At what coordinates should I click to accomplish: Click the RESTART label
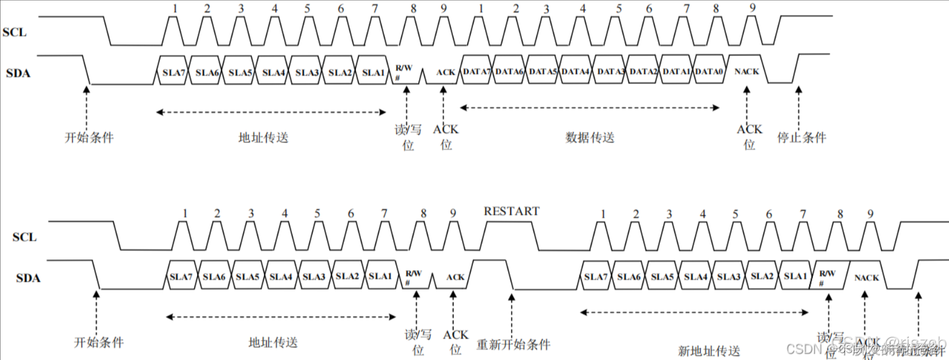[512, 212]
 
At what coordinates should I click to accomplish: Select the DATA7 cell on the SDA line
[477, 71]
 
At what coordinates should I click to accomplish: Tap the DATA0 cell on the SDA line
[709, 71]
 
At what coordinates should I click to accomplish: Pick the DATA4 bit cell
[576, 71]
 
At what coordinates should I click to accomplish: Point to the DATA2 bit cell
[643, 71]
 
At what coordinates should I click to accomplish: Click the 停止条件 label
[801, 137]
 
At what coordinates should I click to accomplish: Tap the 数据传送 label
[590, 137]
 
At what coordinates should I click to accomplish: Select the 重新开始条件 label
[513, 344]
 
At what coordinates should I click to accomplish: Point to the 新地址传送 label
[709, 350]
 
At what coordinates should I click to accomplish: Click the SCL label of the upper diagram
[14, 32]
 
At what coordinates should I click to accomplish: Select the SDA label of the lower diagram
[28, 278]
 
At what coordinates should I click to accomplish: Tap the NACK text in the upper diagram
[747, 71]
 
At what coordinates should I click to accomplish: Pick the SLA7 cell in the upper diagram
[174, 72]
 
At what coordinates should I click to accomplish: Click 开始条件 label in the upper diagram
[89, 137]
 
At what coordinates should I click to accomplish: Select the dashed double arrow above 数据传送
[590, 108]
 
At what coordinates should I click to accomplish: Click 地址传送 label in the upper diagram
[263, 137]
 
